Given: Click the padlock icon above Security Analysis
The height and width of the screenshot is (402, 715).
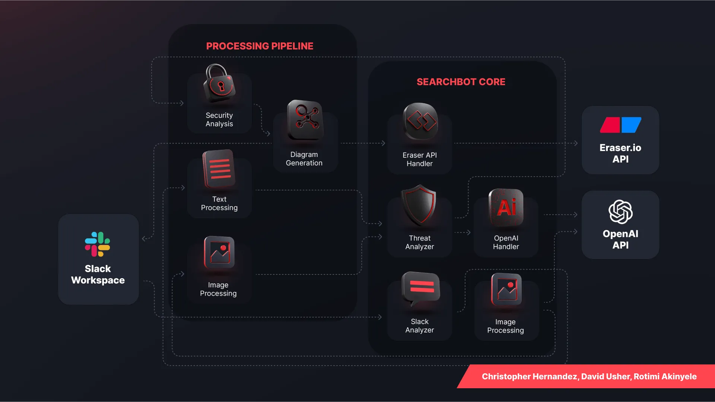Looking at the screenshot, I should tap(219, 83).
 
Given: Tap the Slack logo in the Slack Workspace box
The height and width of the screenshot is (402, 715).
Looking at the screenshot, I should tap(98, 244).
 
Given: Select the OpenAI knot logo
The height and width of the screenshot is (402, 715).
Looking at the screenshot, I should tap(620, 212).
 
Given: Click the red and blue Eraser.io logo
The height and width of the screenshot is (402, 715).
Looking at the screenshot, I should tap(620, 125).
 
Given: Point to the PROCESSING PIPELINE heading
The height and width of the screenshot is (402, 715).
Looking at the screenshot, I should tap(260, 46).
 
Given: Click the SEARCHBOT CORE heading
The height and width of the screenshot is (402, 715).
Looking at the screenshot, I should tap(461, 82).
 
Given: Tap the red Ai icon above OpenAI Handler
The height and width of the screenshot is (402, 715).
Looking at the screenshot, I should tap(506, 208).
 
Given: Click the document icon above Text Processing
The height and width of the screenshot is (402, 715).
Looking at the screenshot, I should tap(219, 169).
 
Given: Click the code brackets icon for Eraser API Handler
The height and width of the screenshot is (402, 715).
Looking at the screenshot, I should tap(421, 121).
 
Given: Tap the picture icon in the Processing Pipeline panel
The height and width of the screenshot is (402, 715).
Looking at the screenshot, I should tap(219, 253).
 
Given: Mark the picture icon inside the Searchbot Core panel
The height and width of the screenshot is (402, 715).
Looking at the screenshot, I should tap(506, 289).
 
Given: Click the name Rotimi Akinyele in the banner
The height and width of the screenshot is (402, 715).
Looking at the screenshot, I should tap(665, 377).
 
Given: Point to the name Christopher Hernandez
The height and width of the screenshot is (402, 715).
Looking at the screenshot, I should tap(529, 377).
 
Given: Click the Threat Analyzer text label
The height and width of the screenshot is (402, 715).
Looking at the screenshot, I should tap(420, 242).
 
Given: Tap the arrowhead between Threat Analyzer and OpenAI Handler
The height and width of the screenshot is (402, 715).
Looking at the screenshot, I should tap(468, 232).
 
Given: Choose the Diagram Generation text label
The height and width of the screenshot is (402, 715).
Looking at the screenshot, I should tap(304, 159).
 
